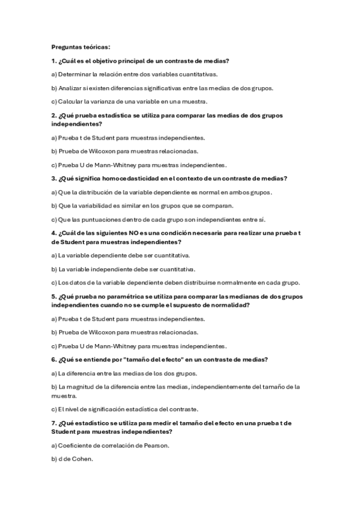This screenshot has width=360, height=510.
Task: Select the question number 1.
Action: (x=53, y=61)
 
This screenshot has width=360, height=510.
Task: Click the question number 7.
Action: (x=53, y=423)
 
